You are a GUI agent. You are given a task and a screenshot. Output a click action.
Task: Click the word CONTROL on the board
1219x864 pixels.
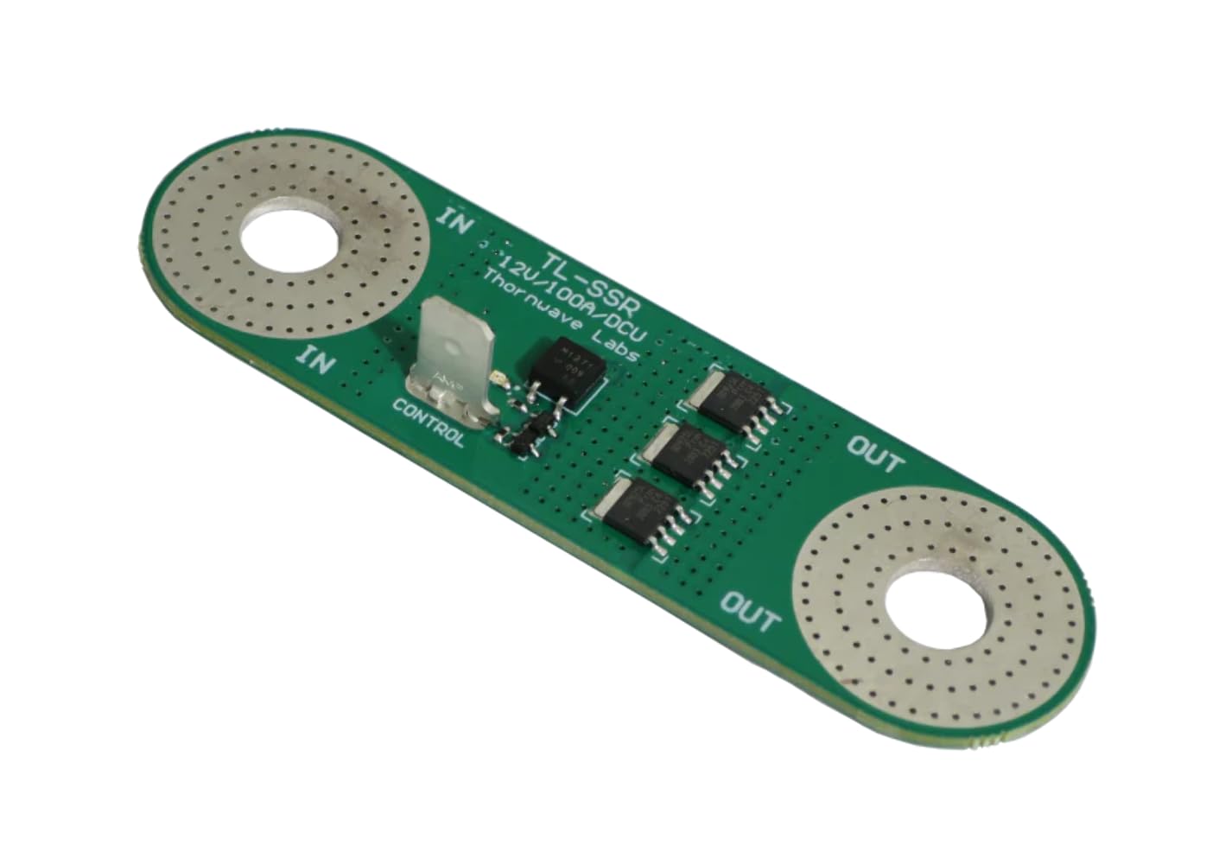(x=429, y=422)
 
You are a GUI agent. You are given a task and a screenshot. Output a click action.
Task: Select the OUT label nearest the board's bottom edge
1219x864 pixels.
(x=750, y=610)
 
